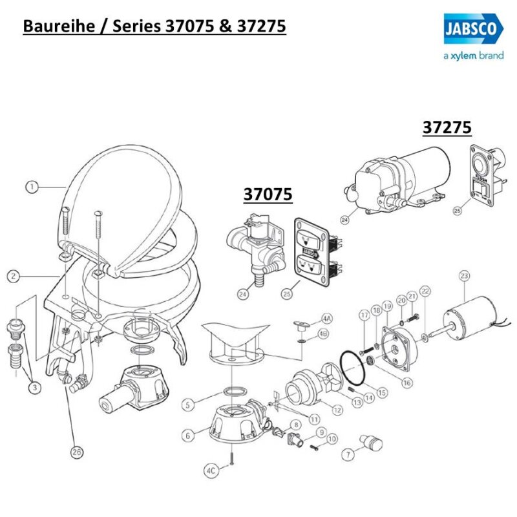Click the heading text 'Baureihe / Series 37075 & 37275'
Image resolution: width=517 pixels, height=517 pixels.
[154, 26]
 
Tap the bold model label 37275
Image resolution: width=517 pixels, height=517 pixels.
[447, 127]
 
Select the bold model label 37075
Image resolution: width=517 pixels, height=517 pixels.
[268, 194]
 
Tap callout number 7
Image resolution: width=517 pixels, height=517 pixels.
[349, 454]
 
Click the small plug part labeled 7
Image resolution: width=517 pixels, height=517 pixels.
[372, 443]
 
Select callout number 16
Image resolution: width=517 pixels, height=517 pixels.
[406, 383]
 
